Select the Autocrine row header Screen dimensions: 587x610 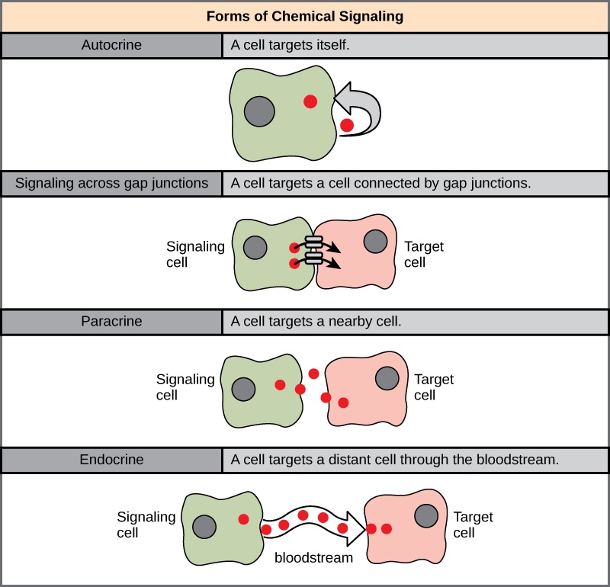pyautogui.click(x=112, y=45)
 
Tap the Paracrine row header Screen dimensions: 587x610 pyautogui.click(x=112, y=321)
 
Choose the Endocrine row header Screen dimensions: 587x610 pyautogui.click(x=112, y=460)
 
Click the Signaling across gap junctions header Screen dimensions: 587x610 pyautogui.click(x=112, y=183)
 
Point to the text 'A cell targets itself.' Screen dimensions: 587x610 pyautogui.click(x=291, y=45)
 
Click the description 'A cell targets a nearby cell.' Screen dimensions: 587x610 pyautogui.click(x=316, y=321)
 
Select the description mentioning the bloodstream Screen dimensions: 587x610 pyautogui.click(x=395, y=460)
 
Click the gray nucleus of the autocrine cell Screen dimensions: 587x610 pyautogui.click(x=259, y=112)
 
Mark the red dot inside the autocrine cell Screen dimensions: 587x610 pyautogui.click(x=310, y=101)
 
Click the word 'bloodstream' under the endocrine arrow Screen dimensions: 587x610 pyautogui.click(x=313, y=558)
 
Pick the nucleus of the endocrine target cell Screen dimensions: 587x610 pyautogui.click(x=426, y=516)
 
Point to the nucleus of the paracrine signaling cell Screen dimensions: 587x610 pyautogui.click(x=244, y=388)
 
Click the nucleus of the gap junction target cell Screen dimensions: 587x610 pyautogui.click(x=375, y=242)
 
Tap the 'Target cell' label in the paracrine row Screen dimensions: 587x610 pyautogui.click(x=433, y=387)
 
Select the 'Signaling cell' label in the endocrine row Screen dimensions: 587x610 pyautogui.click(x=146, y=524)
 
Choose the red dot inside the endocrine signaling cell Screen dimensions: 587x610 pyautogui.click(x=243, y=519)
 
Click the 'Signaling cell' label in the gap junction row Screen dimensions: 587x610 pyautogui.click(x=195, y=255)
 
